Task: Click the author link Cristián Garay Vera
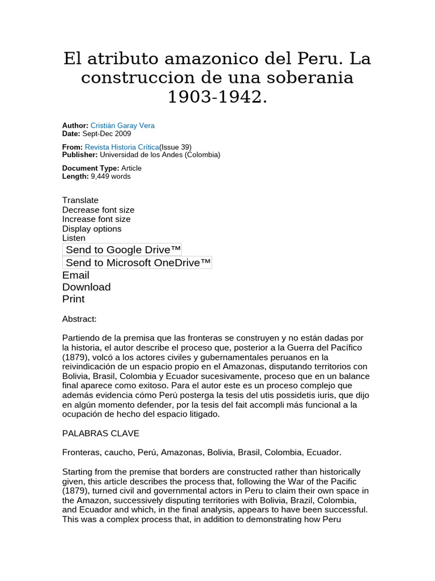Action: (x=122, y=125)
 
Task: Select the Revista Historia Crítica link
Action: (x=122, y=147)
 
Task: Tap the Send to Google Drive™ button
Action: (x=123, y=250)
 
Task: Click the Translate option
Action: (x=80, y=200)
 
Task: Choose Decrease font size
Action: (x=98, y=210)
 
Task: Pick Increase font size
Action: (x=96, y=219)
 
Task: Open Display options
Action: (x=92, y=229)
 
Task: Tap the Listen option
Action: (x=74, y=238)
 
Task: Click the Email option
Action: (x=76, y=275)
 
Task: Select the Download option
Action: (x=86, y=287)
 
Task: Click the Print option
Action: (x=74, y=299)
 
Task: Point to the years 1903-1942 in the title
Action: (x=217, y=96)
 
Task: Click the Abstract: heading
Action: (x=79, y=319)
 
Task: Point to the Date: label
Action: (x=71, y=134)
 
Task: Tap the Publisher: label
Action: (x=80, y=155)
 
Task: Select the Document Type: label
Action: (x=91, y=169)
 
